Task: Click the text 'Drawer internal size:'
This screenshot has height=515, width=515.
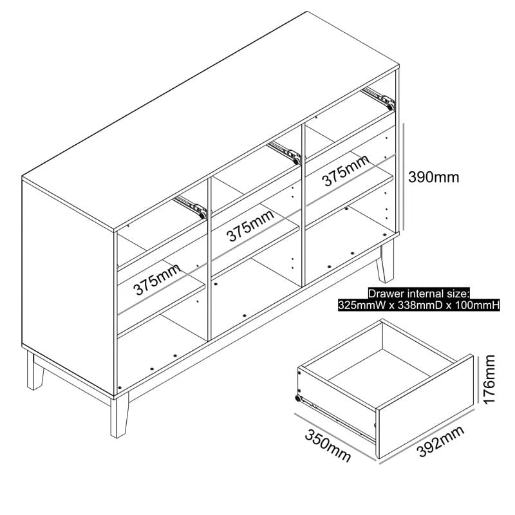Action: pos(419,294)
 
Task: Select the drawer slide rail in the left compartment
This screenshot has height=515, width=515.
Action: pos(192,205)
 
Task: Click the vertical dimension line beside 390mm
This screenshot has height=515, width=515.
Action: pos(404,177)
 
